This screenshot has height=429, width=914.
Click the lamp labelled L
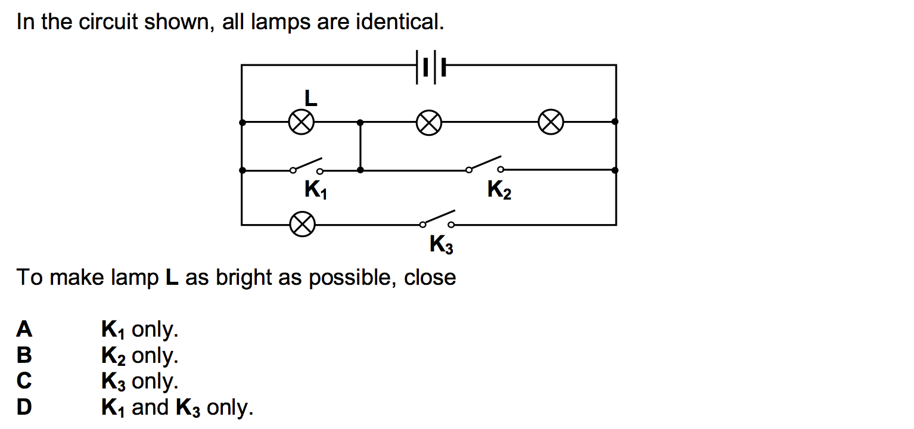(301, 123)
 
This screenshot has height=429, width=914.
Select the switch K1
(306, 166)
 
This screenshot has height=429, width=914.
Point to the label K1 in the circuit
(315, 190)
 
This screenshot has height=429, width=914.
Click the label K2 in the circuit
(499, 190)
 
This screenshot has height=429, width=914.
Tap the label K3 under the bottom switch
(441, 245)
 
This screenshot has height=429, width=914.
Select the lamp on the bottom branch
(301, 225)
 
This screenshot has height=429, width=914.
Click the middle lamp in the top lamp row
(428, 123)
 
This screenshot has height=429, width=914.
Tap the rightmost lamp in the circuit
(551, 123)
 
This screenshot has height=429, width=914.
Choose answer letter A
(24, 329)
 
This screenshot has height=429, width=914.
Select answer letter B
(24, 355)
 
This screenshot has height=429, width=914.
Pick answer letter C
(24, 381)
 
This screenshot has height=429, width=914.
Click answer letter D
(24, 408)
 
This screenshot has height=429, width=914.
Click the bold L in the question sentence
(172, 278)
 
